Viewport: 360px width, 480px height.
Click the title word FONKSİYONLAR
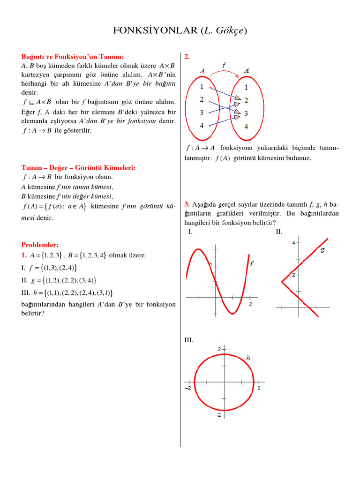point(155,31)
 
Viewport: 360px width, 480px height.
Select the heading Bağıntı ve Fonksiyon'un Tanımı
point(73,57)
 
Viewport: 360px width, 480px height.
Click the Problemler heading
point(40,245)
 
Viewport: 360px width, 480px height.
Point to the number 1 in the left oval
point(202,87)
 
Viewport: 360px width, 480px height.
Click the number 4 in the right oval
point(246,127)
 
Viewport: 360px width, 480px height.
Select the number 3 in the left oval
point(202,112)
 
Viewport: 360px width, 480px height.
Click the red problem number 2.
point(187,57)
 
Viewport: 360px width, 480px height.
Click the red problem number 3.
point(187,204)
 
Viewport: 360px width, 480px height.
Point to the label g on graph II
point(322,249)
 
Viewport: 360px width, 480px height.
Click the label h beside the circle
point(248,358)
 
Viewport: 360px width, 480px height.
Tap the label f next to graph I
point(252,264)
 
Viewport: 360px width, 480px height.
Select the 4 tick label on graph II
point(293,242)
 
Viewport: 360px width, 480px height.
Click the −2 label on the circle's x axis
point(187,389)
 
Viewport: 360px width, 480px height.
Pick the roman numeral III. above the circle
point(188,340)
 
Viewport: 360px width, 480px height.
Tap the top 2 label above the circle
point(219,349)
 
